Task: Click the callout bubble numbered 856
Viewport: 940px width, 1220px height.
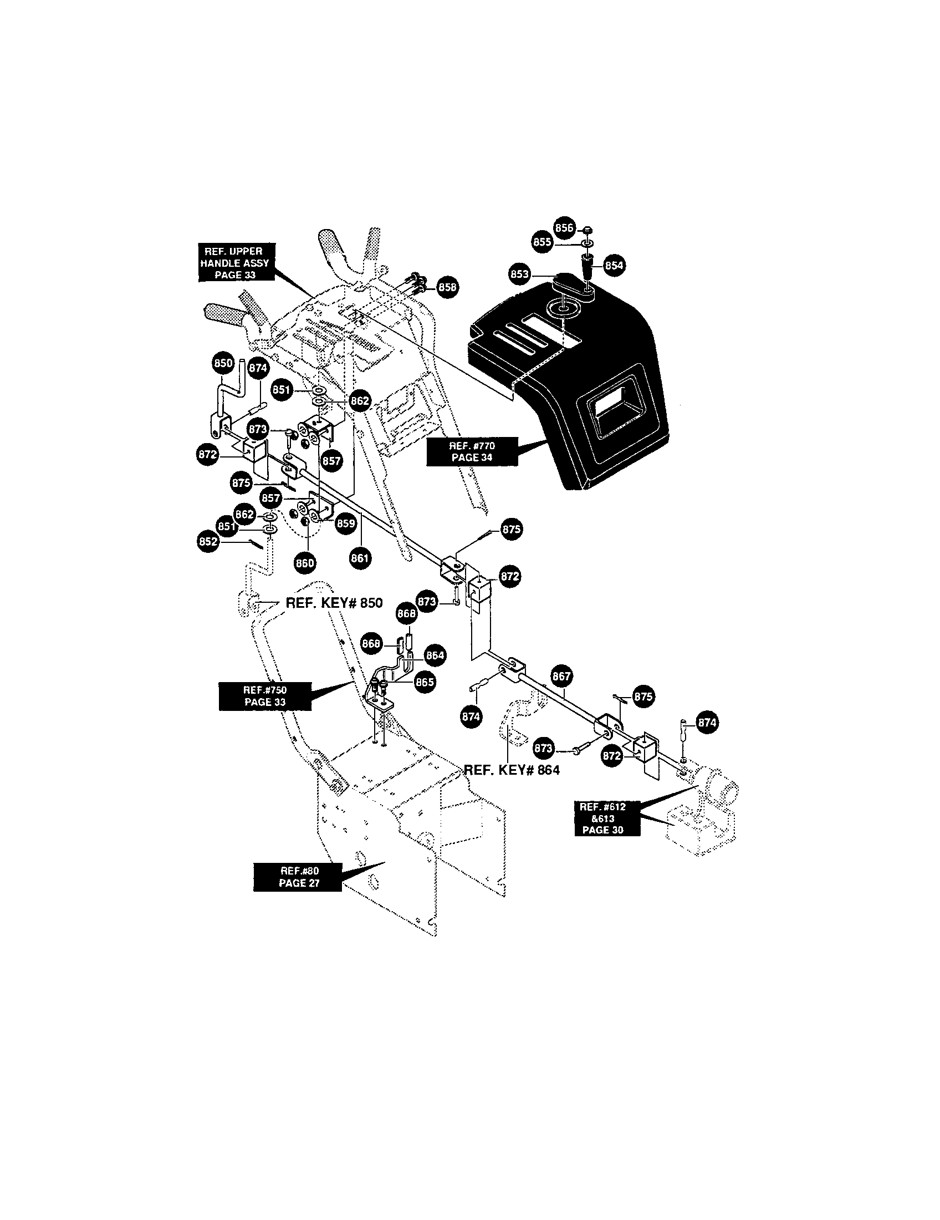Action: click(564, 227)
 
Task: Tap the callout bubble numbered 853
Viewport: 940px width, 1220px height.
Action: click(520, 274)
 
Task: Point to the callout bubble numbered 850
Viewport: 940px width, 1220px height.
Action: click(223, 363)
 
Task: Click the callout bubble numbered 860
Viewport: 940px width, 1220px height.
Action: click(305, 562)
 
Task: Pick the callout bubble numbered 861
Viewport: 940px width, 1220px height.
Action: click(361, 557)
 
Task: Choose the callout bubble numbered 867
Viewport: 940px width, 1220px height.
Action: click(561, 677)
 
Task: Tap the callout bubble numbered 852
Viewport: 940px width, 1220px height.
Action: click(208, 541)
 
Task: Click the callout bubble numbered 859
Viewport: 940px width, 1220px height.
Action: click(345, 523)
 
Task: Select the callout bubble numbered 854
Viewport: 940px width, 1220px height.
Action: click(614, 265)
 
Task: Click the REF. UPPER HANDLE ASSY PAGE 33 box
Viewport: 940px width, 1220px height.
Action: click(234, 263)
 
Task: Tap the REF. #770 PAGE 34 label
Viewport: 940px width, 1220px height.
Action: click(472, 451)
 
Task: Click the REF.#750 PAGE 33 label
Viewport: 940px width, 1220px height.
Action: click(265, 696)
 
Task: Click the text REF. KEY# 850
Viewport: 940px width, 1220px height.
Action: click(334, 603)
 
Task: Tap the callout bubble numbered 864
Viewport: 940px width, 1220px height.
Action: click(435, 655)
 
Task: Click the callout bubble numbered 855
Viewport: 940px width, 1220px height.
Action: click(541, 241)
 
